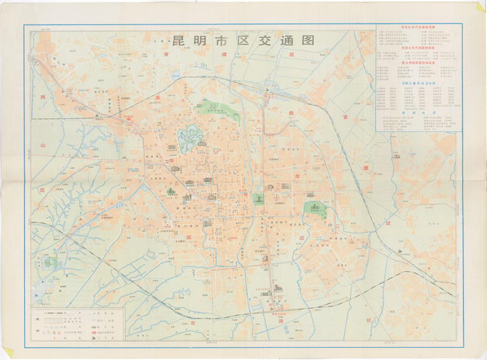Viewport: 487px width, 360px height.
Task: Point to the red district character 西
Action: point(43,97)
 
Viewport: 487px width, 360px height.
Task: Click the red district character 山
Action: point(43,146)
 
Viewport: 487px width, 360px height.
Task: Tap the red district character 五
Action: point(156,97)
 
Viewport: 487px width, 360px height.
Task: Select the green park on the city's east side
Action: point(315,210)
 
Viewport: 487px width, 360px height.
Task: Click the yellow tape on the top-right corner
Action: point(480,8)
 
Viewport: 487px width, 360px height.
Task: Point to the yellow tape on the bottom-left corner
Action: point(7,351)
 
